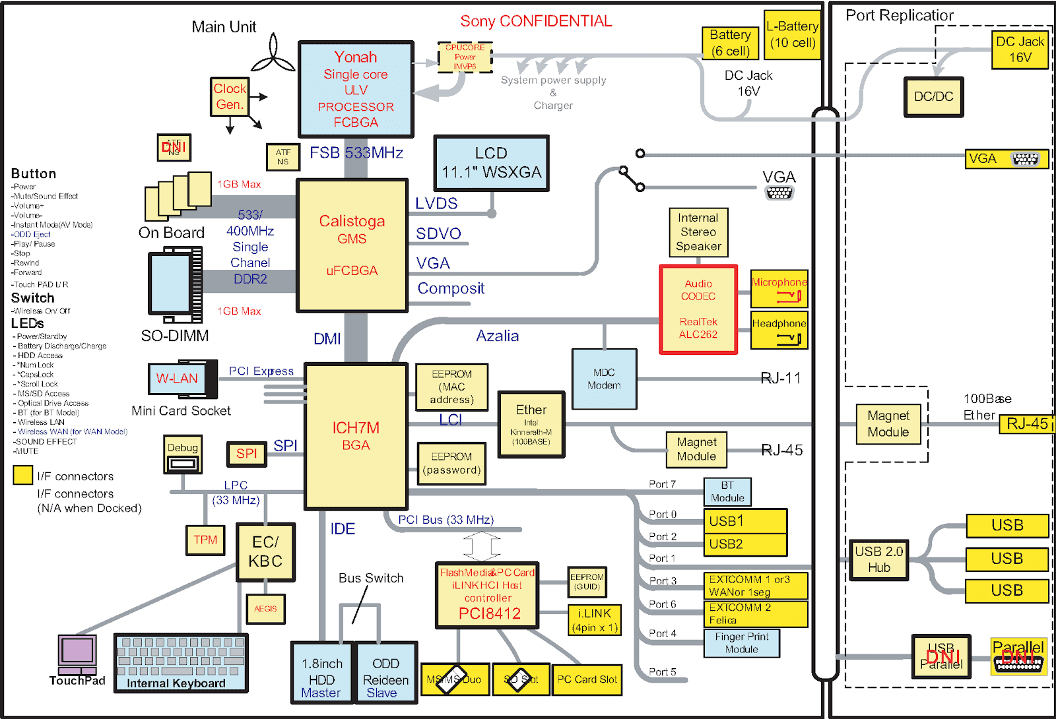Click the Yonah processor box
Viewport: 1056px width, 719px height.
pos(356,89)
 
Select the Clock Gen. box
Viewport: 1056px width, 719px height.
pos(230,96)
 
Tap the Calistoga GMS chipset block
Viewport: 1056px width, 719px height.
pos(352,245)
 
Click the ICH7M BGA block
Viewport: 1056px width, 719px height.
pos(355,436)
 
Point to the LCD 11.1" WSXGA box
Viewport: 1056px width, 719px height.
pos(491,163)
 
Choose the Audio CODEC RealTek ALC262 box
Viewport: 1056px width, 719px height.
pos(698,309)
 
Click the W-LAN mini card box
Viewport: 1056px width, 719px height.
pos(177,379)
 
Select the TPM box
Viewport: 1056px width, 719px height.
pos(205,540)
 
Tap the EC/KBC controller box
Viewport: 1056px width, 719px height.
pos(265,552)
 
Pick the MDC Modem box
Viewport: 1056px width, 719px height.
pos(604,379)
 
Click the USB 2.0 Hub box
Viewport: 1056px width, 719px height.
pos(878,559)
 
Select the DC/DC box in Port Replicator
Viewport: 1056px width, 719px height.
pos(933,97)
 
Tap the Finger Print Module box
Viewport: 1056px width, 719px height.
pos(741,642)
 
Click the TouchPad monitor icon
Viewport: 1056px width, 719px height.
pos(77,652)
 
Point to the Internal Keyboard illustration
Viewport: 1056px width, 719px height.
pos(181,662)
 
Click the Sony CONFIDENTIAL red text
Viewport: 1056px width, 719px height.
pos(536,21)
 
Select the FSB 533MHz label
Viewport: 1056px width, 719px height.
pos(356,153)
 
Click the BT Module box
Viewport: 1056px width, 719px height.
pos(727,491)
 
